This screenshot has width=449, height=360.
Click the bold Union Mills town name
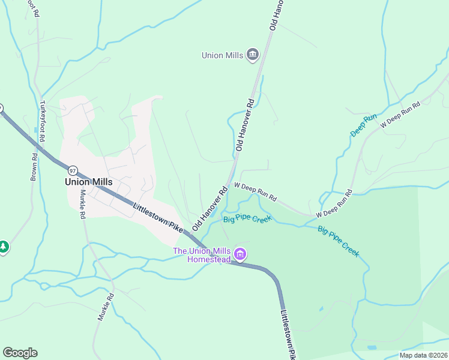[x=89, y=181]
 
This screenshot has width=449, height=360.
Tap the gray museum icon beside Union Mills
[x=253, y=55]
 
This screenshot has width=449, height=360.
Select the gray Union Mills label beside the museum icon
[x=222, y=56]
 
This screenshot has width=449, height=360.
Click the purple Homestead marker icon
[x=240, y=255]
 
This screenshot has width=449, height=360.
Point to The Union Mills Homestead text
[x=202, y=255]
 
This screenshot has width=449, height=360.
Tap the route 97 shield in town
[x=72, y=170]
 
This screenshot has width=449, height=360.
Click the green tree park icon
[x=3, y=247]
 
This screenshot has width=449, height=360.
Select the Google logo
[x=20, y=353]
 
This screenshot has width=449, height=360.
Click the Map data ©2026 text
[x=423, y=355]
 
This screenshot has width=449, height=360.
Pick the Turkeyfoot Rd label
[x=42, y=121]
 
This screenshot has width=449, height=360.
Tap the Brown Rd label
[x=34, y=167]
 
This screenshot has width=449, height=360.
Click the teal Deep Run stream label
[x=363, y=125]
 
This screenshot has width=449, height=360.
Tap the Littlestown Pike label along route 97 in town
[x=157, y=218]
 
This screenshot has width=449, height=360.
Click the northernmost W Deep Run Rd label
[x=400, y=116]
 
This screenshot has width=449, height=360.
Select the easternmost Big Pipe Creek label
[x=339, y=241]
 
